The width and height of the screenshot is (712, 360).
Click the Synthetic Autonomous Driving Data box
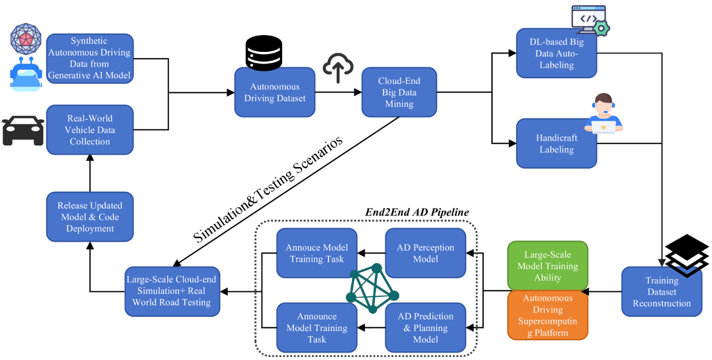tap(90, 58)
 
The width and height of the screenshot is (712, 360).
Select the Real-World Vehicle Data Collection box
tap(90, 130)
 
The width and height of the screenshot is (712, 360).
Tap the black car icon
tap(23, 131)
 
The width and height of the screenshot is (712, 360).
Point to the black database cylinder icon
tap(263, 53)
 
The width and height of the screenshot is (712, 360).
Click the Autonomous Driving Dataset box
tap(275, 92)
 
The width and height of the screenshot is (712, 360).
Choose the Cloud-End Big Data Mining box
tap(399, 92)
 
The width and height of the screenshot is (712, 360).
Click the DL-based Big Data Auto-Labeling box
tap(556, 53)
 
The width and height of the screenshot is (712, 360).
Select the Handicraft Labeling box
tap(556, 143)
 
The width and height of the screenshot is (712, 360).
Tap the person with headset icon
tap(603, 113)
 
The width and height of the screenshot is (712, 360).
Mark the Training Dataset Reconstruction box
tap(662, 292)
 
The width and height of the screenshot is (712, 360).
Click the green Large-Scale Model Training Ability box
tap(548, 265)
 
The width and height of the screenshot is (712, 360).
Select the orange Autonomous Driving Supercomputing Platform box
tap(548, 315)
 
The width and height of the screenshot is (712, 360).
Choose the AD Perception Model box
tap(426, 253)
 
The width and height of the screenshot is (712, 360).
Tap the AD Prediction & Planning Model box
tap(426, 327)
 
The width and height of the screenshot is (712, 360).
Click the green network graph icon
tap(372, 288)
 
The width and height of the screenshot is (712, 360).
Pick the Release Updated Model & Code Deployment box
tap(90, 217)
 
